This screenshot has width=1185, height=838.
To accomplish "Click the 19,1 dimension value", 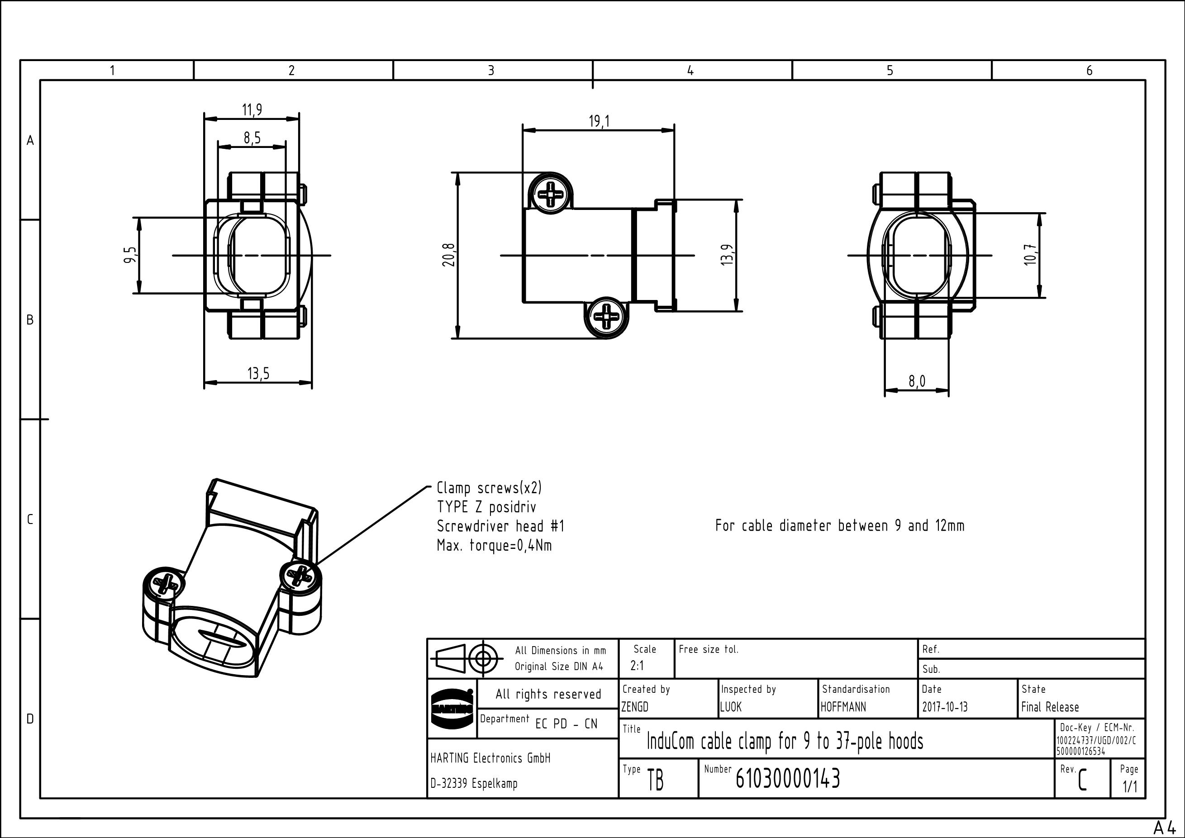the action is point(599,121).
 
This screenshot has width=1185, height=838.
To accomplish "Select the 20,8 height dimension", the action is point(449,255).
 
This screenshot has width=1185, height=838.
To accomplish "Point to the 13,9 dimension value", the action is point(727,255).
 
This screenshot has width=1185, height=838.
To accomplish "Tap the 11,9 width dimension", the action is point(252,110).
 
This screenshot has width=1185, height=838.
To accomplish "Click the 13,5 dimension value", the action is point(258,373).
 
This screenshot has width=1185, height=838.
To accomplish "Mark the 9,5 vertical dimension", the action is point(131,255).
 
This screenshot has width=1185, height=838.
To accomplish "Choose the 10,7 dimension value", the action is point(1030,255).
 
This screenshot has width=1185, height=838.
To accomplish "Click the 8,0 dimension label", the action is point(917,381).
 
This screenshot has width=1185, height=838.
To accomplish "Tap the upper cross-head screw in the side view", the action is point(551,195).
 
